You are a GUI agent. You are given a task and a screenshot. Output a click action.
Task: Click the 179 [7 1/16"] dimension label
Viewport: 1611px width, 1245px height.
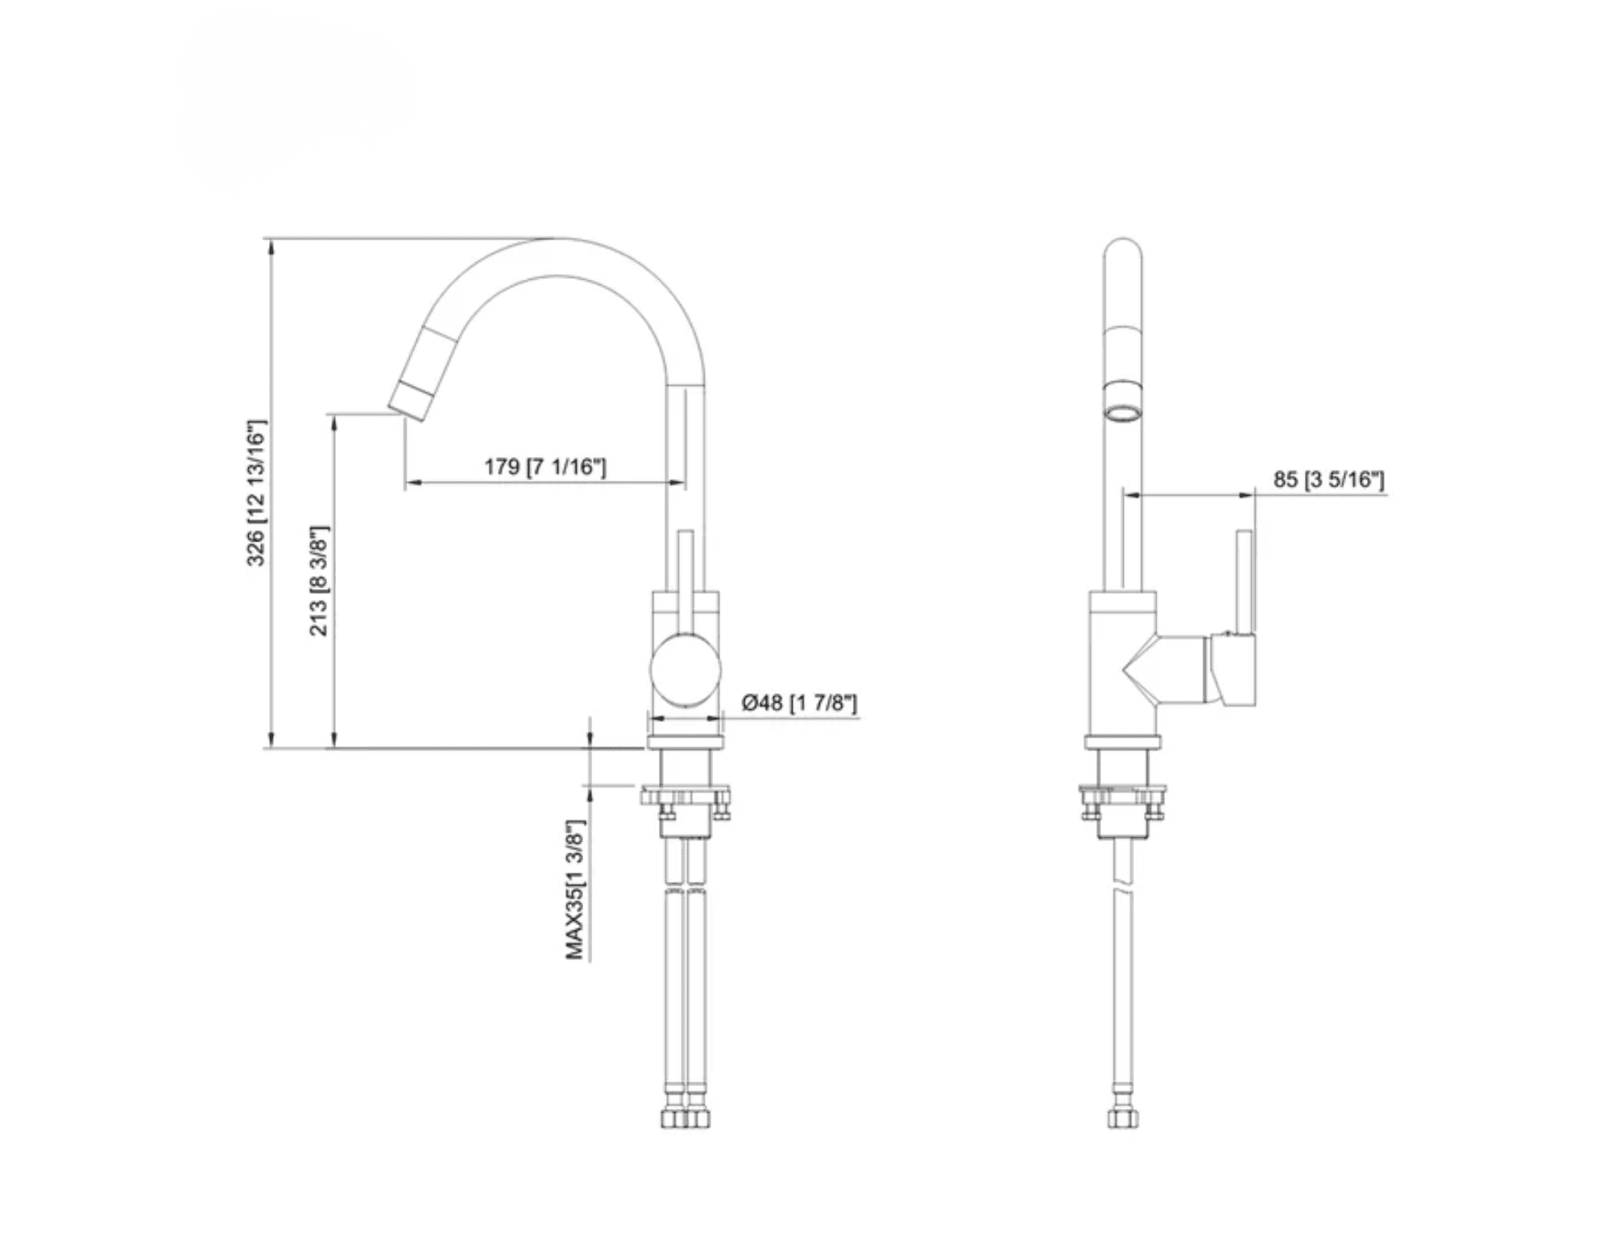[x=545, y=467]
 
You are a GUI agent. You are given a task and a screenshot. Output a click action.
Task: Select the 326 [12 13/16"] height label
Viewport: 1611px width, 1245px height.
[x=256, y=492]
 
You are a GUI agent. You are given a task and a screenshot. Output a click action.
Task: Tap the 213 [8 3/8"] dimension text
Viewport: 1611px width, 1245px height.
[x=319, y=580]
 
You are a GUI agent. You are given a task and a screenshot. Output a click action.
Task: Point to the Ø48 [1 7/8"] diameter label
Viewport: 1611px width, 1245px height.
[x=798, y=703]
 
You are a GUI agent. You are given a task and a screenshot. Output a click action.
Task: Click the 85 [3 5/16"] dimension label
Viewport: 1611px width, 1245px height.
[x=1328, y=479]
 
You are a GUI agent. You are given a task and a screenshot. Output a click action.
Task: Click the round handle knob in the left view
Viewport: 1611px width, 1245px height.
[x=685, y=670]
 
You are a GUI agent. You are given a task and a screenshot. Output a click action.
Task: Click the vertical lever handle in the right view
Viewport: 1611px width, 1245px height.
[x=1245, y=580]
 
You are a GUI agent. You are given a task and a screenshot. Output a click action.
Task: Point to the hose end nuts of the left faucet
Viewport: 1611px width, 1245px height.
[x=685, y=1118]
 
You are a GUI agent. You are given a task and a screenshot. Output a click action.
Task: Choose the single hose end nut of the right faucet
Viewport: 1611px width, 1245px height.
[x=1123, y=1118]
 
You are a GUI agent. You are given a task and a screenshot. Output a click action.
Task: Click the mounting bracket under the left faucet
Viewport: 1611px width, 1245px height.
[x=685, y=799]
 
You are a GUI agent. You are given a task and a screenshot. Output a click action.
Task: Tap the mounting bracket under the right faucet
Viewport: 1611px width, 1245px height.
[x=1123, y=798]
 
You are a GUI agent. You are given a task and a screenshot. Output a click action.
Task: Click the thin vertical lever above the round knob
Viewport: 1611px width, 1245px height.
[x=685, y=580]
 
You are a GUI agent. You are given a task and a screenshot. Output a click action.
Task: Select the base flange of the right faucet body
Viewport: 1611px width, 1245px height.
[x=1123, y=743]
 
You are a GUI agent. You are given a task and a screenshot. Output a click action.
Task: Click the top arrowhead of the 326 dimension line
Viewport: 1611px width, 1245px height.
[x=271, y=247]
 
